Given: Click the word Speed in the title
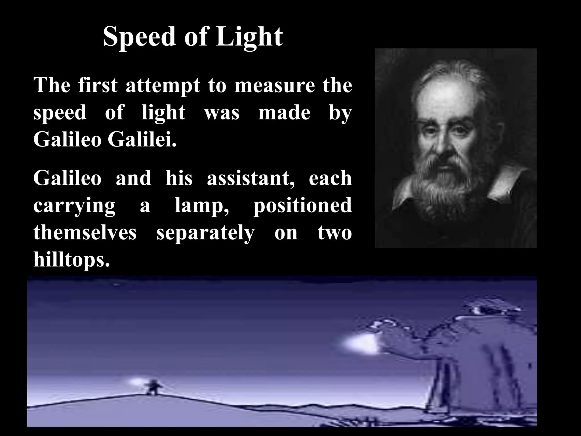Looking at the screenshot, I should pos(139,37).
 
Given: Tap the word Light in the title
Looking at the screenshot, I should pos(249,37).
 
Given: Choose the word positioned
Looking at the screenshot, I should pos(302,206).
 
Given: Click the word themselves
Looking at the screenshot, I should pos(85,232).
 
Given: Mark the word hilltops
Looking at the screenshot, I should pos(71,260).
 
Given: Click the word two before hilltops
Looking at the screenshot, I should pos(335,232).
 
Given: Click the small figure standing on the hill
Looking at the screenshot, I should pos(153,387).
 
